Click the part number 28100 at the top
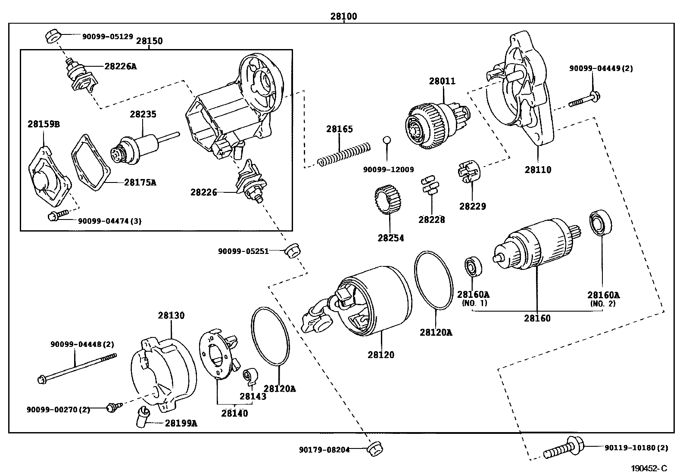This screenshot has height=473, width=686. [343, 16]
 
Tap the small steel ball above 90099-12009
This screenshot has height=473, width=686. [387, 140]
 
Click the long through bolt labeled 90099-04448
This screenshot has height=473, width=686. [78, 367]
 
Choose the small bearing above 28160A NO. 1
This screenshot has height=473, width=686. [473, 267]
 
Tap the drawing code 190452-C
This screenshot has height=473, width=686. [649, 468]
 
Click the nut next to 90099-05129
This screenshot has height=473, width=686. [52, 36]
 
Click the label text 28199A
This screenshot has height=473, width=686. [181, 423]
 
